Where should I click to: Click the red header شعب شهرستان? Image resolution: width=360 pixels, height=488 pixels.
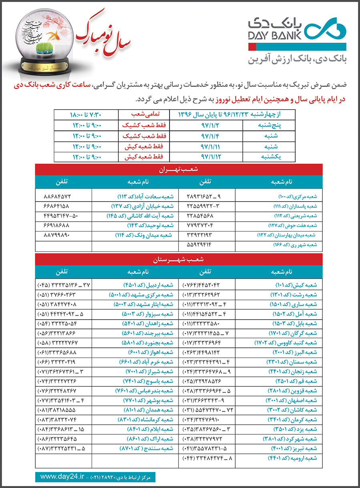[180, 259]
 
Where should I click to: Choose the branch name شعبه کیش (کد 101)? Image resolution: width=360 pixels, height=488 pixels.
[296, 286]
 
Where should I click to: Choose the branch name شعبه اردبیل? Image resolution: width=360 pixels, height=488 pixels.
[148, 286]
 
